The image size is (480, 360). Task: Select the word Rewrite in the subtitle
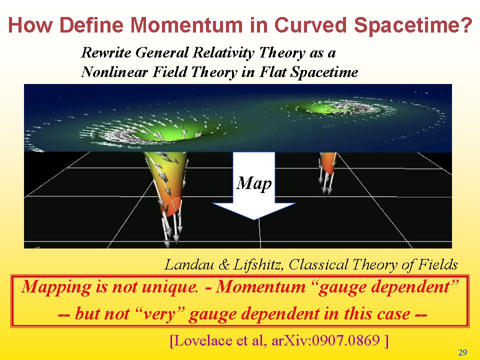pos(105,52)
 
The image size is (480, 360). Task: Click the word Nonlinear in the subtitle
pos(114,72)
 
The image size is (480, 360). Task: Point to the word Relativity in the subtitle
pos(223,53)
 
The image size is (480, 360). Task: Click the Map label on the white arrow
pos(254,183)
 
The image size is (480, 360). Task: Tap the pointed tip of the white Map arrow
pos(254,219)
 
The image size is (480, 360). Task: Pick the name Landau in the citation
pos(189,264)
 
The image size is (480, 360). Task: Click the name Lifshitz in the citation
pos(257,264)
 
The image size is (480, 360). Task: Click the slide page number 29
pos(462,352)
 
